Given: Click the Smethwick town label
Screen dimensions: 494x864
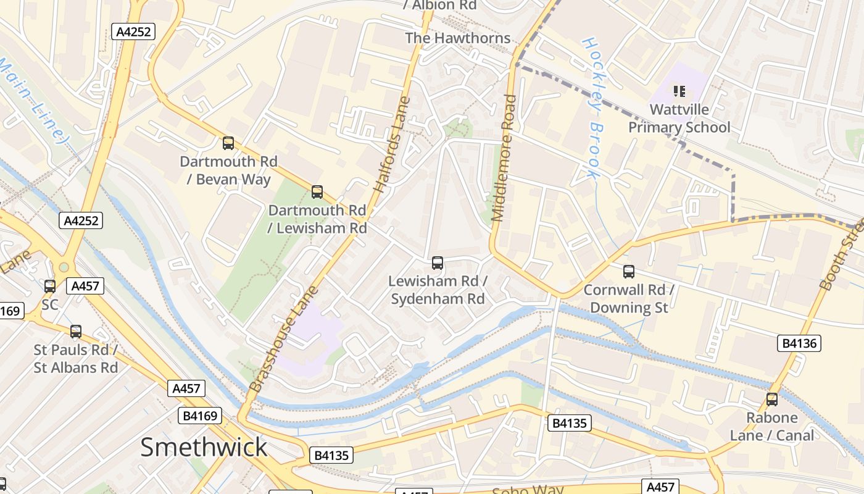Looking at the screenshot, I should pyautogui.click(x=204, y=447).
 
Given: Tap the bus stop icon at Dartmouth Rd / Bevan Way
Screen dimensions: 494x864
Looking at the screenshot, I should pyautogui.click(x=228, y=143).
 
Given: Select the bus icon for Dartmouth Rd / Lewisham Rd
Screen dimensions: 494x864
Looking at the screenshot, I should pyautogui.click(x=317, y=192).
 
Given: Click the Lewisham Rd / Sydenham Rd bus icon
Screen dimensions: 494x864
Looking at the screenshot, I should pyautogui.click(x=438, y=263).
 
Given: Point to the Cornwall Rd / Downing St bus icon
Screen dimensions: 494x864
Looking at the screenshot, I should pyautogui.click(x=629, y=271).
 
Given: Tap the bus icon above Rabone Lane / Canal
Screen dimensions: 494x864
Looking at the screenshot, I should pyautogui.click(x=772, y=400).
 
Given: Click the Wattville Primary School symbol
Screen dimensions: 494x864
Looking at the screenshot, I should pyautogui.click(x=679, y=92).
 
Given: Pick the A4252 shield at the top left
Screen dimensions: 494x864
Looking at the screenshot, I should pyautogui.click(x=133, y=31).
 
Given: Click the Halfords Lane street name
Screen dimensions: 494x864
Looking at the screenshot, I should pyautogui.click(x=393, y=144).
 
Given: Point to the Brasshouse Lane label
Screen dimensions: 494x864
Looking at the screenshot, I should pyautogui.click(x=284, y=338).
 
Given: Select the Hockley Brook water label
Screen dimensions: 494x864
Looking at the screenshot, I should pyautogui.click(x=592, y=108).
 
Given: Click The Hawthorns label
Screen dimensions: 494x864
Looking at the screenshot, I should pyautogui.click(x=458, y=38).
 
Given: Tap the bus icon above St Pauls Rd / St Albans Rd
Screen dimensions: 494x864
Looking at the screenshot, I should pyautogui.click(x=76, y=332).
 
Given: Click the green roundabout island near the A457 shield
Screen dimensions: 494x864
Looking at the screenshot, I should pyautogui.click(x=63, y=267).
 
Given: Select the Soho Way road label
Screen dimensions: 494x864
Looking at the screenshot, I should pyautogui.click(x=528, y=490).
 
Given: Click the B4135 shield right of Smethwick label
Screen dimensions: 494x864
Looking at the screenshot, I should pyautogui.click(x=331, y=456).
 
